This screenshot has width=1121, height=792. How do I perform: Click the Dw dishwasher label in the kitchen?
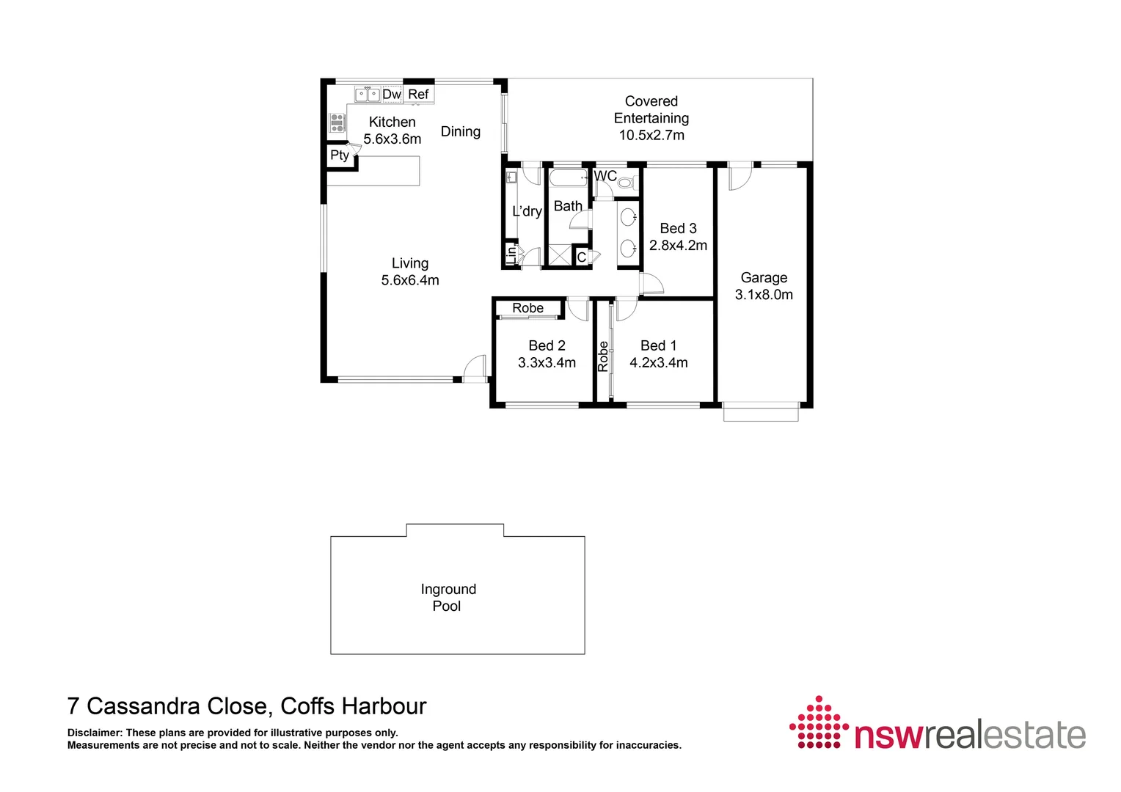(392, 95)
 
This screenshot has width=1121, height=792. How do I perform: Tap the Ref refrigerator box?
(418, 95)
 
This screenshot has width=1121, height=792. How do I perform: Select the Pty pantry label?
(339, 155)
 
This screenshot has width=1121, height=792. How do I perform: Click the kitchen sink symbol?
(368, 95)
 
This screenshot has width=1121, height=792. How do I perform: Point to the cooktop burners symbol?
(337, 122)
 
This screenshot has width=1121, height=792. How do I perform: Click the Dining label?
(461, 132)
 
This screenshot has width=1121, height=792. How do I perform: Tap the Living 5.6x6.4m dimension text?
(410, 280)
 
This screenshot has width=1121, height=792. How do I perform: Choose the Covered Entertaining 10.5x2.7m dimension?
(651, 136)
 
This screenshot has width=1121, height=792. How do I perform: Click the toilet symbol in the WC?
(625, 182)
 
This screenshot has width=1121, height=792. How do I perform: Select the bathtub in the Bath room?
(569, 179)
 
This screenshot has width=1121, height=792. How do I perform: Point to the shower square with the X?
(560, 256)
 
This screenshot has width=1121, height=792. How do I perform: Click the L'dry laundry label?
(527, 212)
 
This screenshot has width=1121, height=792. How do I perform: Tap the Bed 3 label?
(678, 229)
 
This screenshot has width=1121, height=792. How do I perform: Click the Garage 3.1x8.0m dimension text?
(764, 295)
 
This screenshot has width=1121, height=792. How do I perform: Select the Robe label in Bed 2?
(528, 308)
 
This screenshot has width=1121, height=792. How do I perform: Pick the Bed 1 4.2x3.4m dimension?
(659, 363)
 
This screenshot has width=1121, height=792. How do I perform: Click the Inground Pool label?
(448, 598)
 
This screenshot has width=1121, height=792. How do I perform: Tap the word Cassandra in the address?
(176, 706)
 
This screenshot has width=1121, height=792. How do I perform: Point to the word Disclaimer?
(95, 733)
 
